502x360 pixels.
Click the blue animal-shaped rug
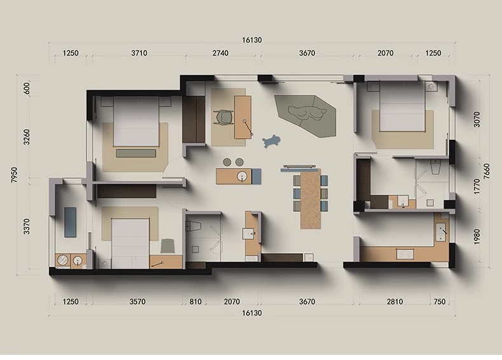pyautogui.click(x=271, y=141)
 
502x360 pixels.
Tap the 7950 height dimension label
pyautogui.click(x=15, y=175)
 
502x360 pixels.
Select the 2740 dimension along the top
pyautogui.click(x=220, y=53)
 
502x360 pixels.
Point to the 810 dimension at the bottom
pyautogui.click(x=196, y=301)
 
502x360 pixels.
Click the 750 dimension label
pyautogui.click(x=440, y=301)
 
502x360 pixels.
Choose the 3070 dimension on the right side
pyautogui.click(x=477, y=119)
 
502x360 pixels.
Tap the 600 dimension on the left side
pyautogui.click(x=27, y=88)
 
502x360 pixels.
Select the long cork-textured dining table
pyautogui.click(x=311, y=198)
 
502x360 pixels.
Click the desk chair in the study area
pyautogui.click(x=224, y=116)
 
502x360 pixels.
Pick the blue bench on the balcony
pyautogui.click(x=71, y=222)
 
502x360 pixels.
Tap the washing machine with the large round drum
pyautogui.click(x=63, y=260)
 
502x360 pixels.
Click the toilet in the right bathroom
pyautogui.click(x=436, y=167)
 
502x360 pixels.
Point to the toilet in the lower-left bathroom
pyautogui.click(x=193, y=226)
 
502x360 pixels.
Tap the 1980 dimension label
pyautogui.click(x=477, y=237)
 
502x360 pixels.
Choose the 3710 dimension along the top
pyautogui.click(x=139, y=53)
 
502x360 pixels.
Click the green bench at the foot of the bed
pyautogui.click(x=136, y=153)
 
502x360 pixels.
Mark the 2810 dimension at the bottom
pyautogui.click(x=395, y=301)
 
